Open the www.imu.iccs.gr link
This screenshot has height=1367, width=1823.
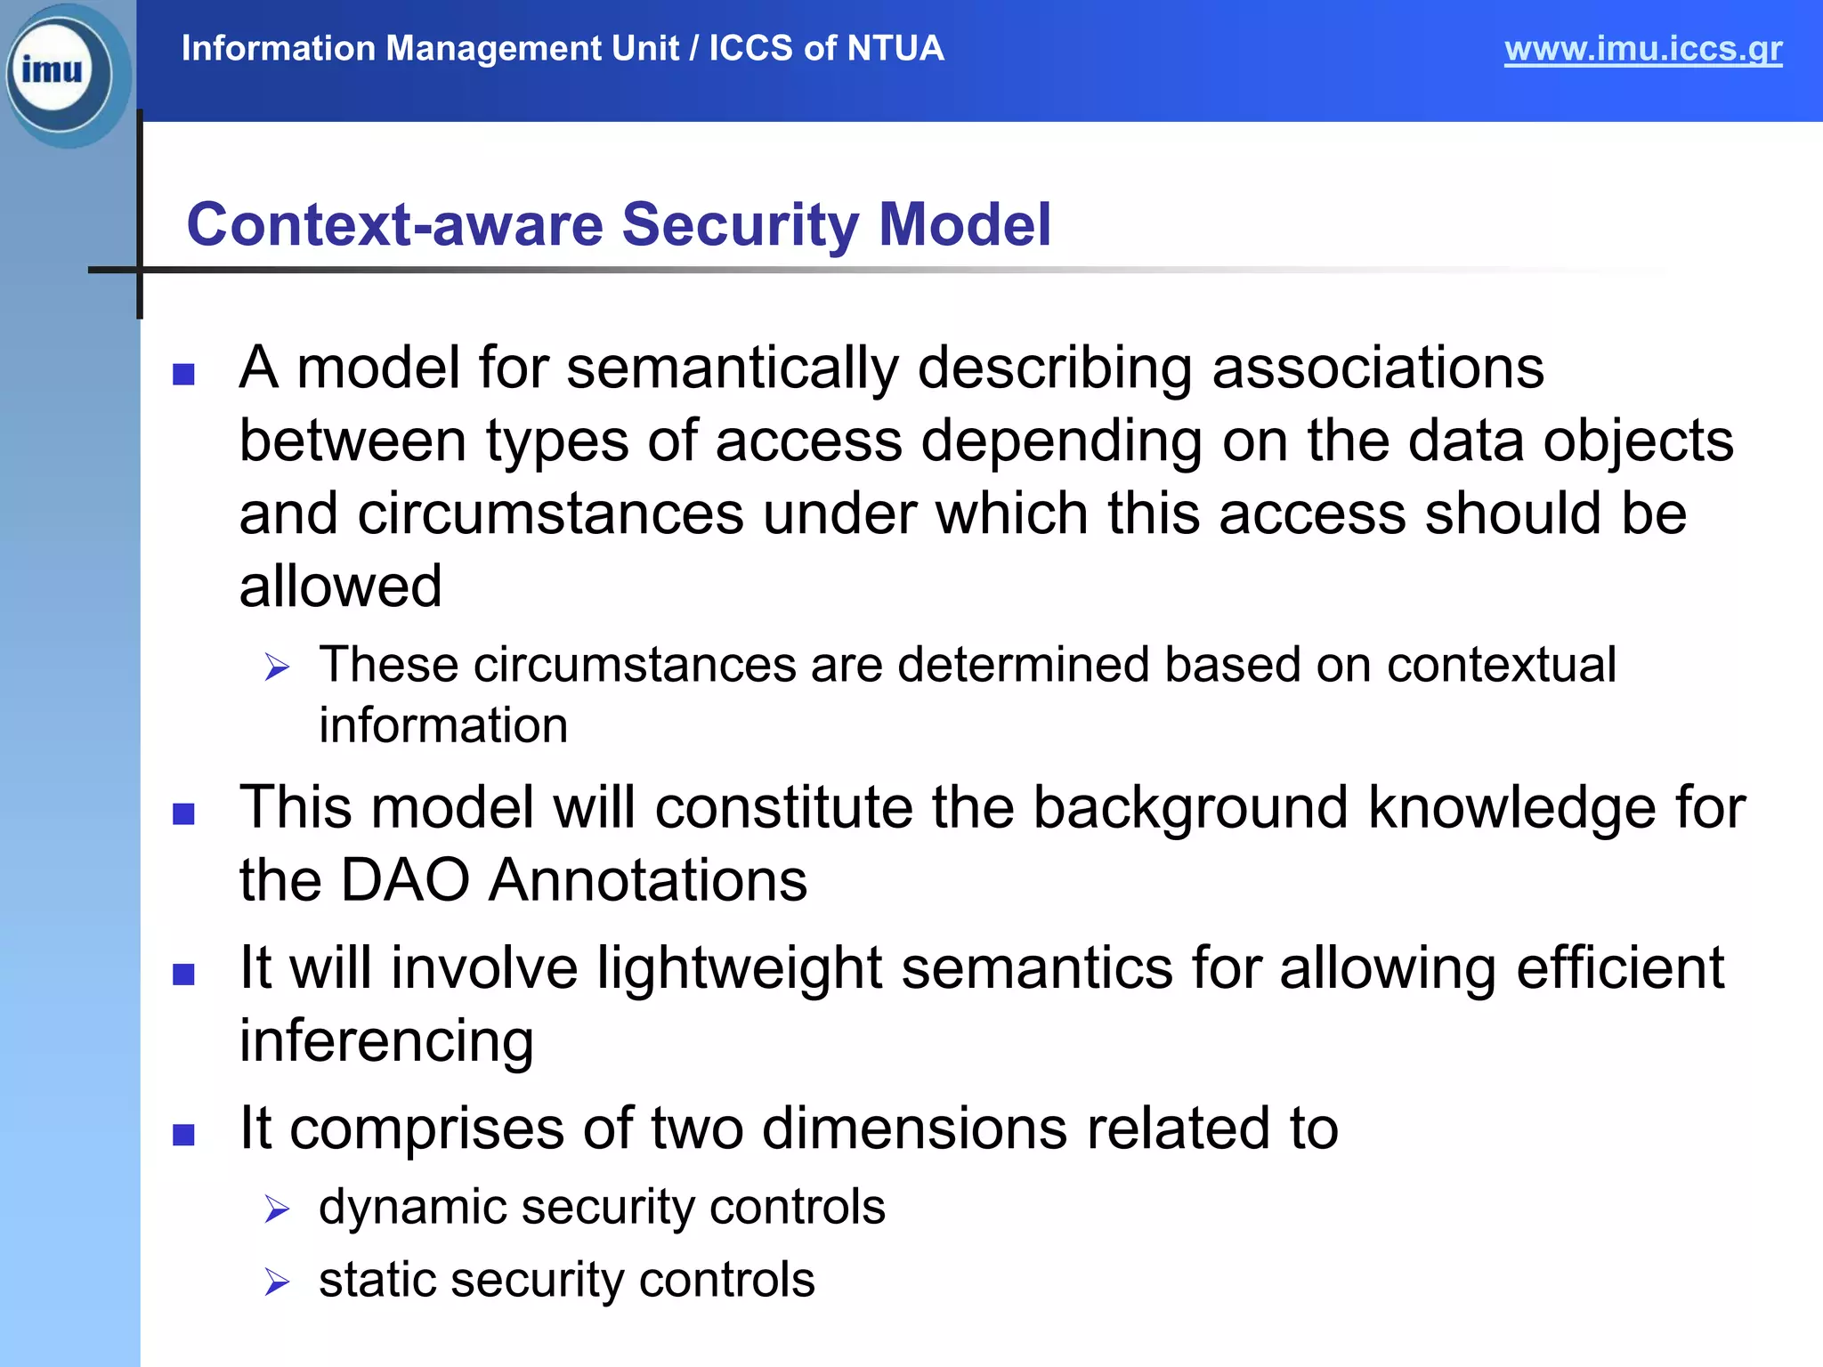pyautogui.click(x=1642, y=49)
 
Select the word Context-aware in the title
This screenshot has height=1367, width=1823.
pyautogui.click(x=394, y=224)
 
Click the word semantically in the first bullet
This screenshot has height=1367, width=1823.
pyautogui.click(x=732, y=368)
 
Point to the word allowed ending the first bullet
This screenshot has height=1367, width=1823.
pyautogui.click(x=340, y=587)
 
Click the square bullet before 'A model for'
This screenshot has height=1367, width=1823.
pyautogui.click(x=184, y=374)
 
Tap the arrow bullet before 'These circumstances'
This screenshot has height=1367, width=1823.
pyautogui.click(x=277, y=667)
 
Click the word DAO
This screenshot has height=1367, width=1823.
pyautogui.click(x=405, y=881)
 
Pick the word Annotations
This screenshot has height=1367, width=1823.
pyautogui.click(x=648, y=881)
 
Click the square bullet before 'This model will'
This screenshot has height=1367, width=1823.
pyautogui.click(x=184, y=813)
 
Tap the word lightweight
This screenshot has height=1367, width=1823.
pyautogui.click(x=739, y=969)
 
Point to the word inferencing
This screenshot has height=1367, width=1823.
pyautogui.click(x=386, y=1041)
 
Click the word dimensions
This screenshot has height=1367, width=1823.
pyautogui.click(x=914, y=1128)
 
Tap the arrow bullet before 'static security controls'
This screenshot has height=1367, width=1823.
pyautogui.click(x=277, y=1282)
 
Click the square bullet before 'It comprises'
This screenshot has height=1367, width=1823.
pyautogui.click(x=184, y=1135)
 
